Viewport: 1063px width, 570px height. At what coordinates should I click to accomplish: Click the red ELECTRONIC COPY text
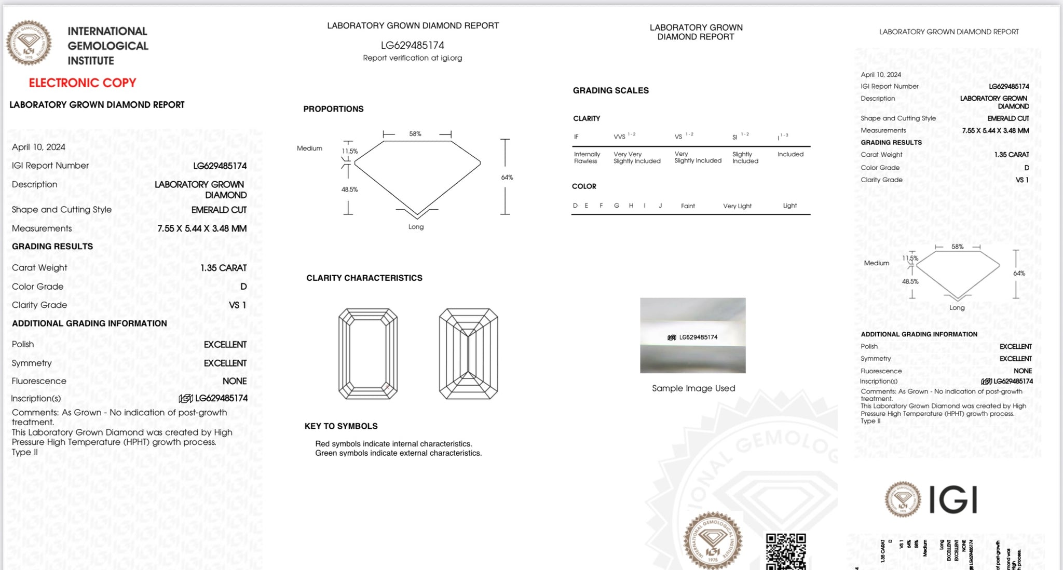[82, 83]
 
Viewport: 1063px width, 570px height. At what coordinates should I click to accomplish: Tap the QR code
[786, 551]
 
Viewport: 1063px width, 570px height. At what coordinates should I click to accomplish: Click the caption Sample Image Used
[693, 388]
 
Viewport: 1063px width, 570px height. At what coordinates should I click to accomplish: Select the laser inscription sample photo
[692, 335]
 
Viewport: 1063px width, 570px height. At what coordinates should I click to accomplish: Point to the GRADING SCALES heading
[610, 90]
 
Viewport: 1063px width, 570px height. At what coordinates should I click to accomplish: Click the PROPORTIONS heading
[333, 109]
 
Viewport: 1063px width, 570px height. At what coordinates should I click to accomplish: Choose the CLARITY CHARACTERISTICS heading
[364, 278]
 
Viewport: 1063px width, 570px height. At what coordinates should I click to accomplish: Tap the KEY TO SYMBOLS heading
[341, 426]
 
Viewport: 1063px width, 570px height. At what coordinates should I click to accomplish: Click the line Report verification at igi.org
[412, 58]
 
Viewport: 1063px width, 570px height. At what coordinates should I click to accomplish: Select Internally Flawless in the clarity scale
[587, 158]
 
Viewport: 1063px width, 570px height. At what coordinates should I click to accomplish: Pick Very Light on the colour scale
[737, 206]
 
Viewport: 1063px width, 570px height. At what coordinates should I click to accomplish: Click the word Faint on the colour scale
[688, 206]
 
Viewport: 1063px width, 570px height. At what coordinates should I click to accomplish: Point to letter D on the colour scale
[575, 206]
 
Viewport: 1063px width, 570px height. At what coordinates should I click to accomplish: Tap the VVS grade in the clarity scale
[620, 137]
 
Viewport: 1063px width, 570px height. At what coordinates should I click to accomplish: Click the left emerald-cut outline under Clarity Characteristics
[368, 354]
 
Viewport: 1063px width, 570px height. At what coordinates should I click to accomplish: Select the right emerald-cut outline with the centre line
[468, 354]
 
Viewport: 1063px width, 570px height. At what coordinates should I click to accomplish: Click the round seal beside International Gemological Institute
[29, 43]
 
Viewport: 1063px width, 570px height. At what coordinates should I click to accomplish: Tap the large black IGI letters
[952, 500]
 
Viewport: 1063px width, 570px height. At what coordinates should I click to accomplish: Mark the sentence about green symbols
[398, 453]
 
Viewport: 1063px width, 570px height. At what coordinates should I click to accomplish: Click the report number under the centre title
[412, 45]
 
